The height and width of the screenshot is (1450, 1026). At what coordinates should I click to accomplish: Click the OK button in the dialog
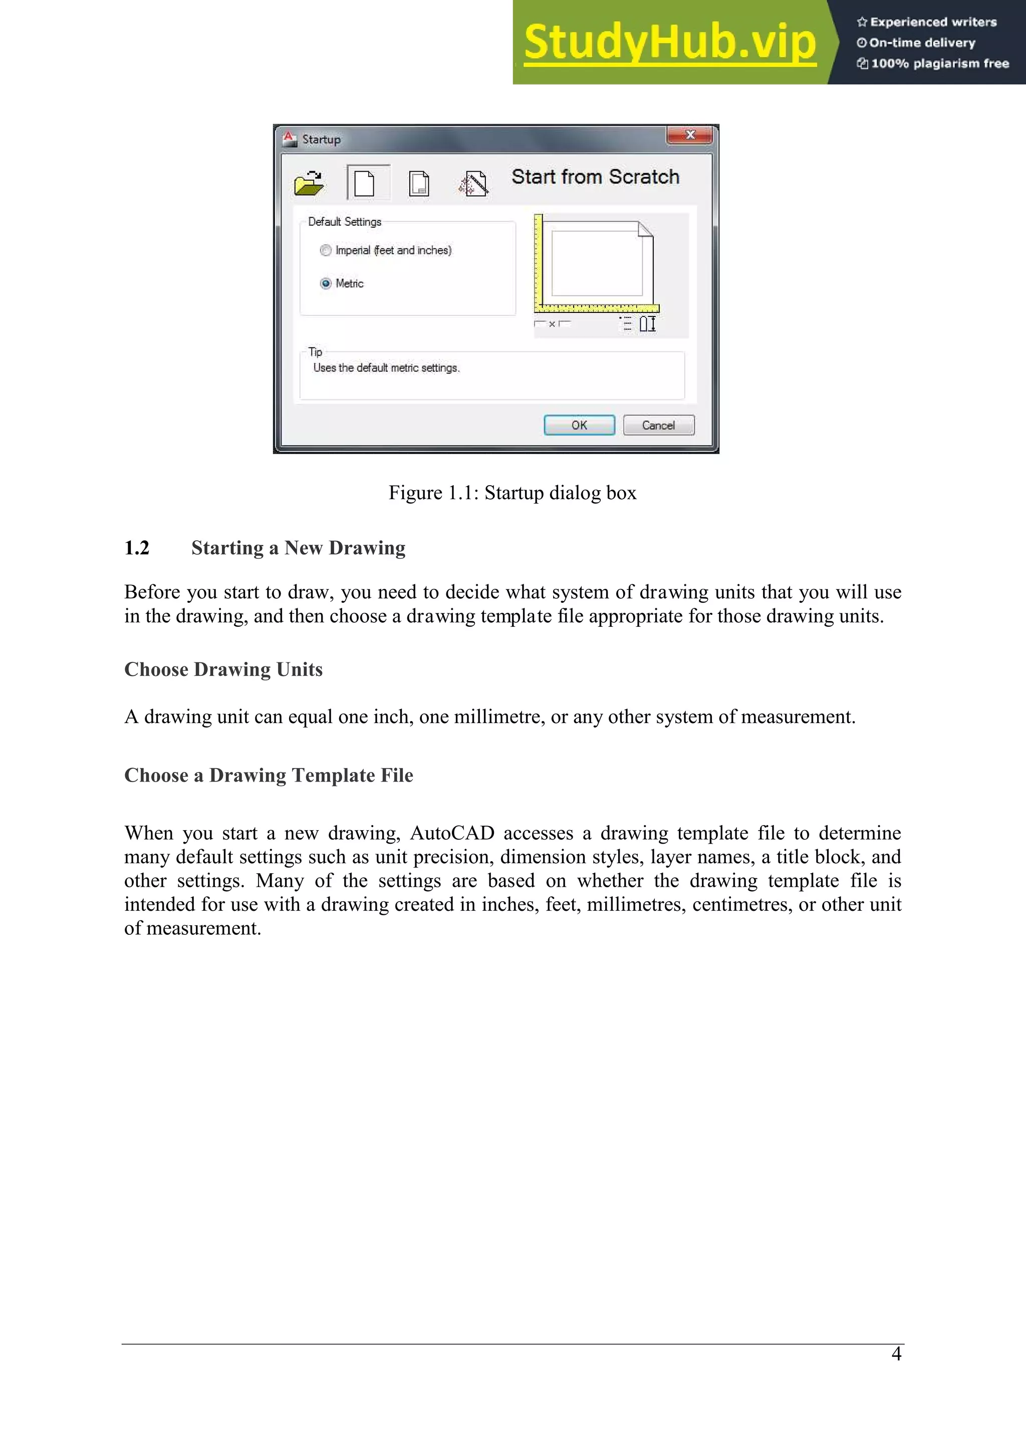[x=579, y=425]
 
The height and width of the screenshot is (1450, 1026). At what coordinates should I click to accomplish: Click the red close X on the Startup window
[x=689, y=135]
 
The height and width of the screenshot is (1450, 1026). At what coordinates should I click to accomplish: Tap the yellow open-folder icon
[x=309, y=183]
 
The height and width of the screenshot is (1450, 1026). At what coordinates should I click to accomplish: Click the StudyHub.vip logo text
[x=670, y=43]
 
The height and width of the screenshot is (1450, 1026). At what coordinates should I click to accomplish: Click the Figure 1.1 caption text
[x=512, y=493]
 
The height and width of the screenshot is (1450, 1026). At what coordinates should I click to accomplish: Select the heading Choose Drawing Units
[x=223, y=669]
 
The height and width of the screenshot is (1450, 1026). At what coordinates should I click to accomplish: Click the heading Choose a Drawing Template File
[x=269, y=775]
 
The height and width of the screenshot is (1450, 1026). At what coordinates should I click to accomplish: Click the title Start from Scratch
[x=595, y=177]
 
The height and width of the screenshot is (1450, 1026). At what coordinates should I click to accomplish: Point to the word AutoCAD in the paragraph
[x=452, y=833]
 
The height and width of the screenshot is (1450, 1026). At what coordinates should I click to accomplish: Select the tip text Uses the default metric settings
[x=386, y=368]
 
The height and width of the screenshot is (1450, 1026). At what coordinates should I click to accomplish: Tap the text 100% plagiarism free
[x=939, y=63]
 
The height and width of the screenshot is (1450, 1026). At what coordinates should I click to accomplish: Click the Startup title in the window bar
[x=321, y=140]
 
